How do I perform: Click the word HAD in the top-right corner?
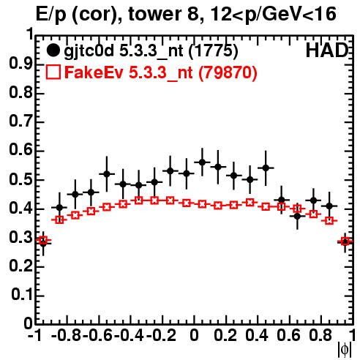pyautogui.click(x=327, y=50)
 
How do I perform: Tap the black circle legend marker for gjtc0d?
pyautogui.click(x=53, y=50)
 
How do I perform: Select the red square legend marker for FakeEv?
pyautogui.click(x=53, y=72)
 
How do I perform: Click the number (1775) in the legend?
pyautogui.click(x=213, y=50)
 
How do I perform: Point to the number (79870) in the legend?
pyautogui.click(x=228, y=72)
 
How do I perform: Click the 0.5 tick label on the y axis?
pyautogui.click(x=20, y=180)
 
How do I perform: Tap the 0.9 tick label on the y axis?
pyautogui.click(x=20, y=64)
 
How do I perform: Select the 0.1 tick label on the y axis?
pyautogui.click(x=21, y=295)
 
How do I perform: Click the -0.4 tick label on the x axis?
pyautogui.click(x=129, y=336)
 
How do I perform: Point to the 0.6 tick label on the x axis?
pyautogui.click(x=288, y=336)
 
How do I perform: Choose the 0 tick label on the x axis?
pyautogui.click(x=195, y=336)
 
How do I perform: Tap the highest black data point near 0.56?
pyautogui.click(x=202, y=162)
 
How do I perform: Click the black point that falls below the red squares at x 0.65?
pyautogui.click(x=297, y=216)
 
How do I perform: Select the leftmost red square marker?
pyautogui.click(x=43, y=240)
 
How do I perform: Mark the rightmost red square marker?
pyautogui.click(x=345, y=241)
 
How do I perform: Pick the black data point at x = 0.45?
pyautogui.click(x=266, y=168)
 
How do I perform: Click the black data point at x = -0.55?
pyautogui.click(x=107, y=174)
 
